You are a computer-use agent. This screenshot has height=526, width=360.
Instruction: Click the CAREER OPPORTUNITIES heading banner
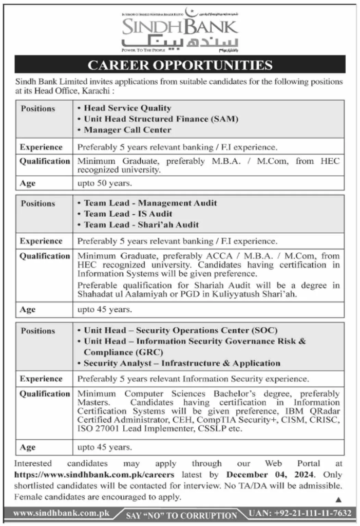[180, 65]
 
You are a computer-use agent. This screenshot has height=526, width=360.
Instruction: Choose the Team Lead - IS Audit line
[128, 214]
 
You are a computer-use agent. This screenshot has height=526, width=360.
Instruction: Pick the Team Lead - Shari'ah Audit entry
[141, 224]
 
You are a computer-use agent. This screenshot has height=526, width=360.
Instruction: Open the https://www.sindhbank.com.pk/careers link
[94, 475]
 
